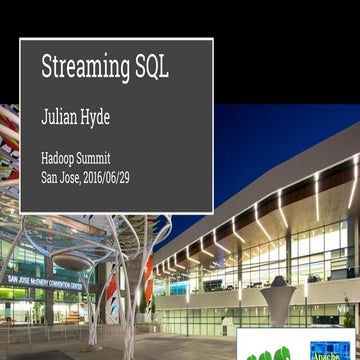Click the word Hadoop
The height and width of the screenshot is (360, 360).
coord(61,158)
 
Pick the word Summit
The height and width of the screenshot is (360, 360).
coord(111,158)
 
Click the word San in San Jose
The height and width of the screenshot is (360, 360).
coord(50,179)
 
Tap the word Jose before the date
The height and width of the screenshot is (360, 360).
coord(76,179)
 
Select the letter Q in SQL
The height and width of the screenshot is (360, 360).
coord(151,68)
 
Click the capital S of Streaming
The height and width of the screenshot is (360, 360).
coord(46,68)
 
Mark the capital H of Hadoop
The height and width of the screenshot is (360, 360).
coord(45,158)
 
